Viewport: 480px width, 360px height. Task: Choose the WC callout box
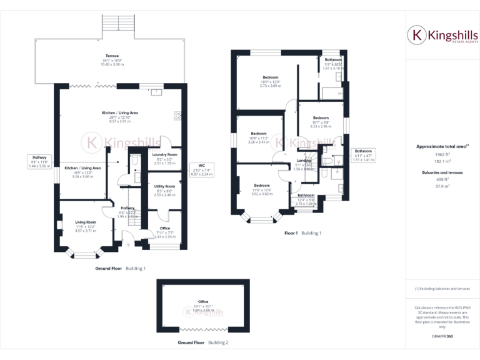(x=202, y=169)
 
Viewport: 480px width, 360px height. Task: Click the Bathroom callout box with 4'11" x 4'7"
(x=363, y=155)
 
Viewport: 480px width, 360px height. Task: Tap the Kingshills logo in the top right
(x=442, y=34)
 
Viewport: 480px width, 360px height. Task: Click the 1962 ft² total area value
(x=442, y=154)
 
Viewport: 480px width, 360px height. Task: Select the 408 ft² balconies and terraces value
(x=442, y=179)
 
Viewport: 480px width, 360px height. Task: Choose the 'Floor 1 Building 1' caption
(x=302, y=233)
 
